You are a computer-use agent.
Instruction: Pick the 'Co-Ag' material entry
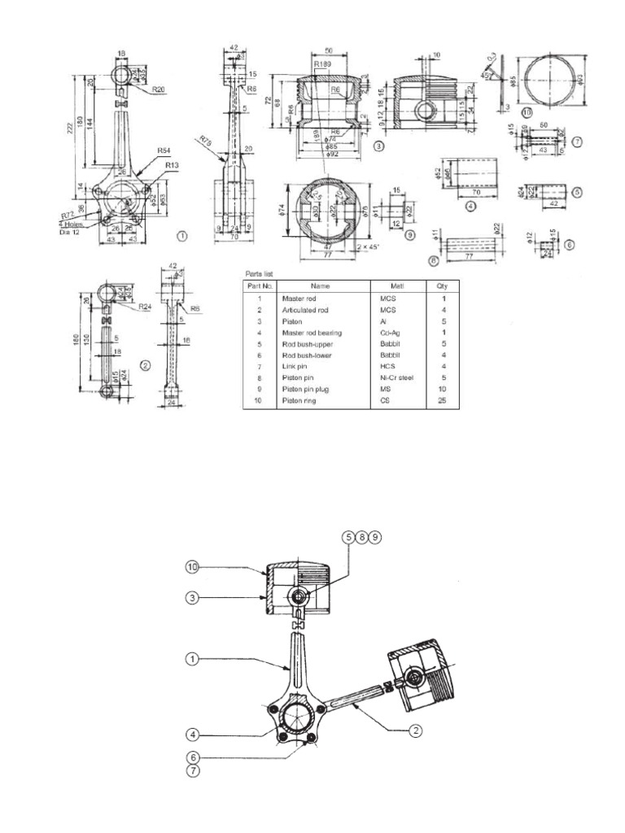(387, 332)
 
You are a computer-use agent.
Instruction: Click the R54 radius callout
(164, 150)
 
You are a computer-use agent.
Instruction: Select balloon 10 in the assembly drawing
(192, 566)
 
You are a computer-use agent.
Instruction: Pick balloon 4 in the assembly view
(192, 734)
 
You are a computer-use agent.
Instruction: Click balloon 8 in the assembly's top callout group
(362, 538)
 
